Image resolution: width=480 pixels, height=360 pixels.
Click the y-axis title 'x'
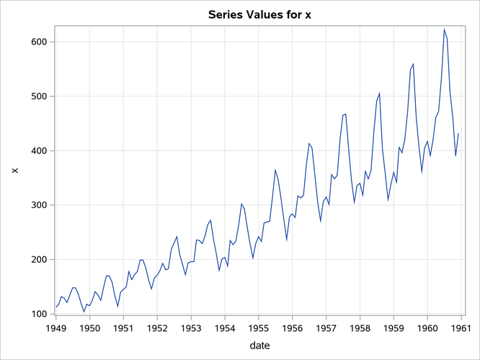13,170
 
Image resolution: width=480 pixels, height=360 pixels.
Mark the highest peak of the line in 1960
444,30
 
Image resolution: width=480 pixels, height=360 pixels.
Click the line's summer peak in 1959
413,64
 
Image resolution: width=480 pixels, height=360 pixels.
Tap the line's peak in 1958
379,93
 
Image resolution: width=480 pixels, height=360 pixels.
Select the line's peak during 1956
308,143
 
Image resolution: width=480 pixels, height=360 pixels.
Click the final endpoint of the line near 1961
458,133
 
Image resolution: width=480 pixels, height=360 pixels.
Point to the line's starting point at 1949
55,307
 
